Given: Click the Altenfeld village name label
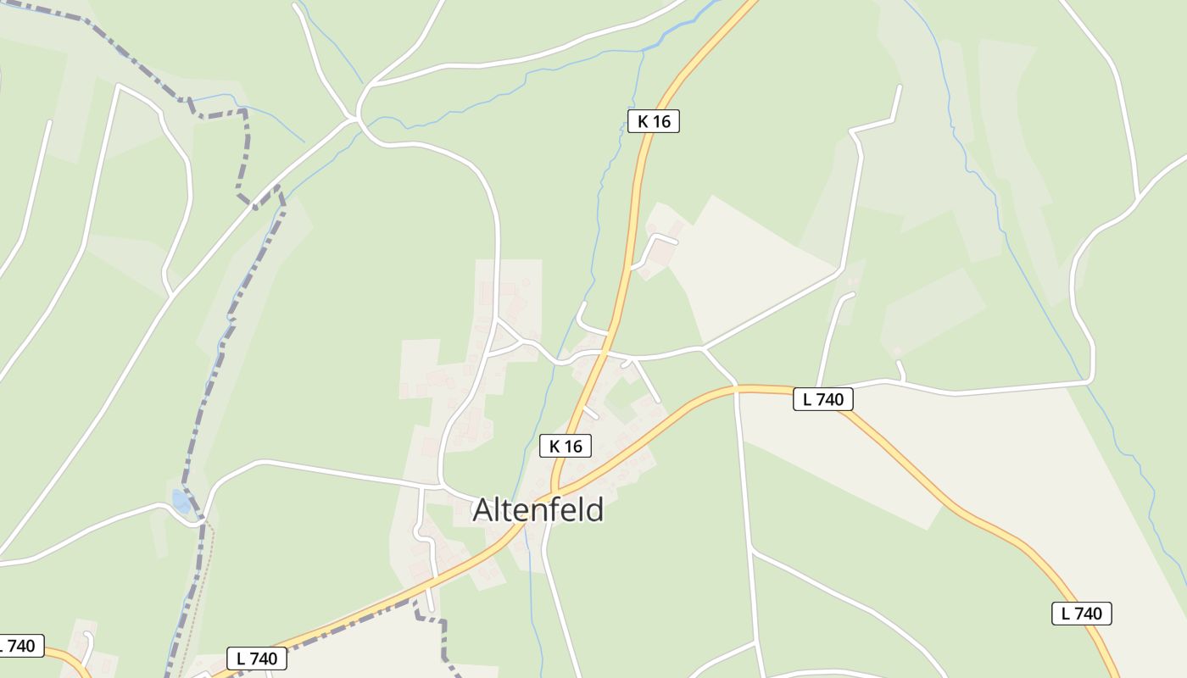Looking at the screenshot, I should click(x=538, y=510).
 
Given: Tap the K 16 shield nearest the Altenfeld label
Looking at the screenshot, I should click(x=565, y=446).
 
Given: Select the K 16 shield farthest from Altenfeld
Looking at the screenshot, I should click(x=653, y=121).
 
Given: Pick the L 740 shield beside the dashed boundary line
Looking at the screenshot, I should click(x=256, y=659).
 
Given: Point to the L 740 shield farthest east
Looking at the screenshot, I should click(x=1081, y=614).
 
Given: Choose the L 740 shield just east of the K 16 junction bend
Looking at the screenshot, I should click(x=822, y=399).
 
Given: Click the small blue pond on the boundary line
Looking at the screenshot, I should click(x=181, y=502).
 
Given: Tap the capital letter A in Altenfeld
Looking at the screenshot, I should click(x=482, y=510).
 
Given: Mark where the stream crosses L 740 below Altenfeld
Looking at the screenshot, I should click(x=526, y=527).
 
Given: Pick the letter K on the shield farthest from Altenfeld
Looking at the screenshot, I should click(x=643, y=121).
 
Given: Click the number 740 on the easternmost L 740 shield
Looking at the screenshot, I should click(x=1088, y=614).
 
